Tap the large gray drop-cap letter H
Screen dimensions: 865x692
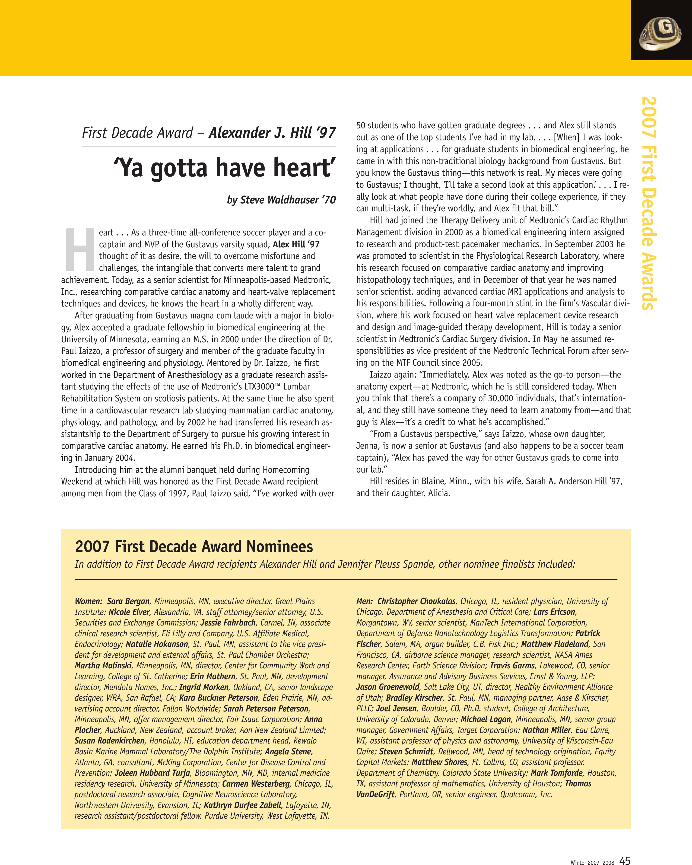pos(80,249)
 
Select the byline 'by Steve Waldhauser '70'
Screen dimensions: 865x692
pos(281,200)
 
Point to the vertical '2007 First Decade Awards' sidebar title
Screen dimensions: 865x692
pos(649,203)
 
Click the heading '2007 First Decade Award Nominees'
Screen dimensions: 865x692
pos(194,547)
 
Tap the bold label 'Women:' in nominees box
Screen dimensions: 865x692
pos(88,601)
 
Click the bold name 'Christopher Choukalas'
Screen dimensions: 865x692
pos(416,601)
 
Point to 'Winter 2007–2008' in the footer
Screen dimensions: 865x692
pos(592,862)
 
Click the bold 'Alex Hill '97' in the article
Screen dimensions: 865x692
pos(296,244)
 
